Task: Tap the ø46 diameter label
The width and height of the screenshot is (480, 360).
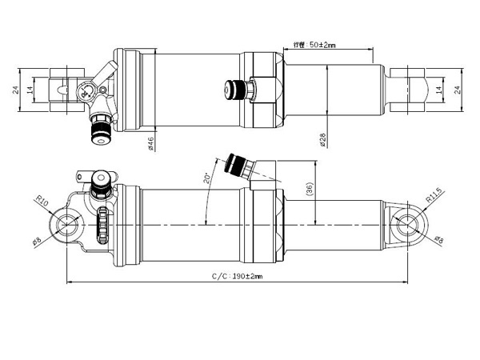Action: pyautogui.click(x=150, y=143)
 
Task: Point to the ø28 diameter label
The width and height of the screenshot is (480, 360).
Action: pyautogui.click(x=322, y=140)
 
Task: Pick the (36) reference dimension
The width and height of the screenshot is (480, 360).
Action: pyautogui.click(x=310, y=190)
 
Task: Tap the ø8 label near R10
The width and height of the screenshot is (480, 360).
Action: pyautogui.click(x=38, y=240)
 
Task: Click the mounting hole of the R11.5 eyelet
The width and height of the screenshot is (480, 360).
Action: pyautogui.click(x=410, y=225)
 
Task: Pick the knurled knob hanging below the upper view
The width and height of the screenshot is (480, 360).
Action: pyautogui.click(x=100, y=129)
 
